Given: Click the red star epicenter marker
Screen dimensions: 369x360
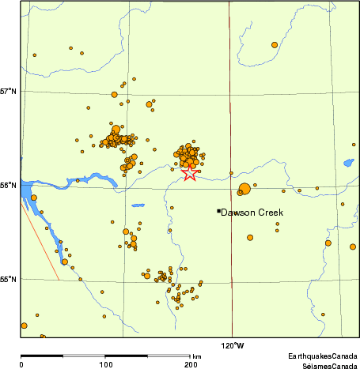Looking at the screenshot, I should click(x=189, y=173).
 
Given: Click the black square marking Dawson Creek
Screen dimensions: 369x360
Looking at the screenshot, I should click(x=218, y=211).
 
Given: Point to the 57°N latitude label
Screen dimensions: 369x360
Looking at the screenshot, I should click(x=9, y=91).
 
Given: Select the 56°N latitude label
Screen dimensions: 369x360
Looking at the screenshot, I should click(x=9, y=185).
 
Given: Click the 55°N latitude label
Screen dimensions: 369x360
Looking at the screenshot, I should click(x=9, y=279).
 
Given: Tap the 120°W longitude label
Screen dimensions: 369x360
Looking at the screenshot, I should click(x=232, y=345).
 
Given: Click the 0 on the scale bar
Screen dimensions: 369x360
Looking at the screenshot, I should click(x=21, y=364).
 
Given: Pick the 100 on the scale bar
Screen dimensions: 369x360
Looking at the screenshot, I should click(x=105, y=364).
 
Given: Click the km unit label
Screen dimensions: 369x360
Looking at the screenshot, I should click(x=196, y=357).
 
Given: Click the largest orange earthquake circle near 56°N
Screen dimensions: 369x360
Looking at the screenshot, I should click(x=244, y=188).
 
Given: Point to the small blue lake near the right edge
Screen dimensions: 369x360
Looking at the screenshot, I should click(x=348, y=164).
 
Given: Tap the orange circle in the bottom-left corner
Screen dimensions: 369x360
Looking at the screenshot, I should click(x=24, y=326).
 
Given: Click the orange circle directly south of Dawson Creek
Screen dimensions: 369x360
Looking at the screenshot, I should click(x=249, y=237).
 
